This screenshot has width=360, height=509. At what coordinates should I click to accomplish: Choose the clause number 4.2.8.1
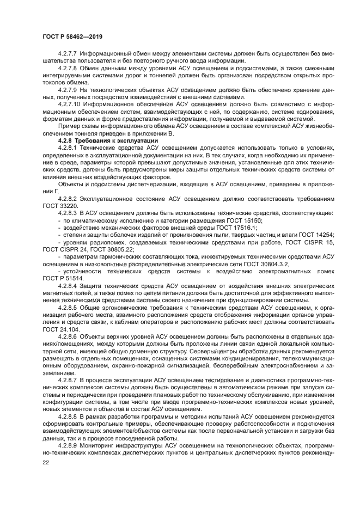[68, 148]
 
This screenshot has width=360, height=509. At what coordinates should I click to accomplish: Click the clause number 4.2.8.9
[68, 445]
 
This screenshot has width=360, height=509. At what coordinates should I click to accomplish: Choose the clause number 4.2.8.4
[68, 286]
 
